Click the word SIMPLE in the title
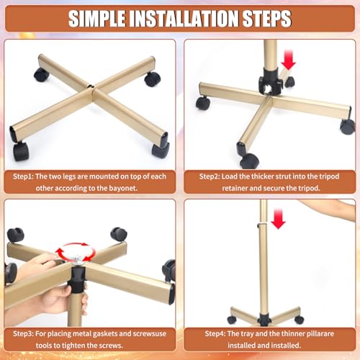click(x=96, y=19)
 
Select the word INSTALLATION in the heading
click(x=184, y=19)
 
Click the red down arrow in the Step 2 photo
click(x=288, y=60)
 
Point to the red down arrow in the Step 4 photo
click(x=278, y=219)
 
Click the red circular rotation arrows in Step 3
click(x=76, y=252)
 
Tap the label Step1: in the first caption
click(x=23, y=176)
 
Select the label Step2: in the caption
click(x=210, y=176)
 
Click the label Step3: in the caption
click(x=23, y=334)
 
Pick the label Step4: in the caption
click(x=215, y=334)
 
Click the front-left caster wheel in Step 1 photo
click(x=21, y=151)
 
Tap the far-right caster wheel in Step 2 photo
click(x=347, y=127)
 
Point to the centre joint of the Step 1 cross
click(x=92, y=90)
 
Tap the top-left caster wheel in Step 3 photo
click(x=16, y=235)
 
